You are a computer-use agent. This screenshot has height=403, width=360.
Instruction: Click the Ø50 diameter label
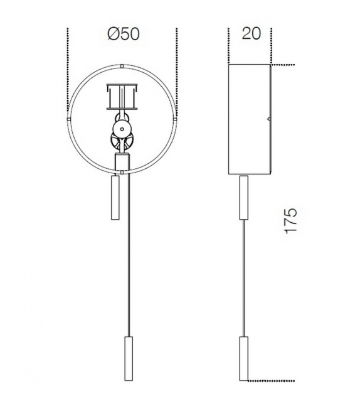tap(123, 34)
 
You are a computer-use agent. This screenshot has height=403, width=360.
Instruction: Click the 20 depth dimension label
tap(251, 34)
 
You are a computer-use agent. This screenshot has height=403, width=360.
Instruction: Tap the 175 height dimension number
tap(290, 220)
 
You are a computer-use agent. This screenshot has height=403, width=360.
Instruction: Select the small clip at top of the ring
tap(122, 65)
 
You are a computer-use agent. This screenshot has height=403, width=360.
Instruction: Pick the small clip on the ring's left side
tap(69, 117)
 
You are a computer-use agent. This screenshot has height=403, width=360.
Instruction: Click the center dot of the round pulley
tap(122, 128)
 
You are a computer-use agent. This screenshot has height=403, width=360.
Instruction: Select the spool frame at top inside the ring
tap(122, 96)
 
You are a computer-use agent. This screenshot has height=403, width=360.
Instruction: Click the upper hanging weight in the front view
tap(115, 197)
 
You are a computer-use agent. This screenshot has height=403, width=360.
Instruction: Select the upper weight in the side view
tap(243, 198)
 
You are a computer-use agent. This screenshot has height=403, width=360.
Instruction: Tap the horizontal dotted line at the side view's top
tap(283, 65)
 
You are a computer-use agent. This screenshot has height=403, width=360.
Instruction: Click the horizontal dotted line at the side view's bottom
tap(270, 379)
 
